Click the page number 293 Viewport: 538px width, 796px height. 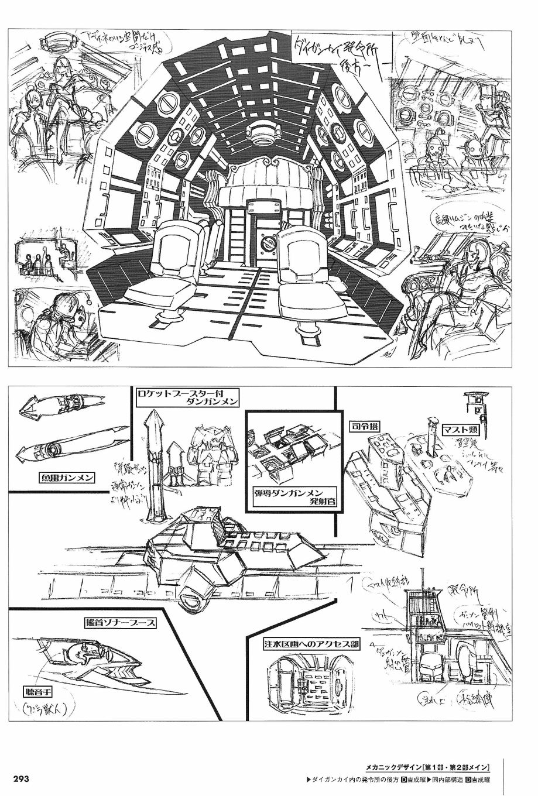pos(21,779)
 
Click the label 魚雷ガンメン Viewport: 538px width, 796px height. pos(61,477)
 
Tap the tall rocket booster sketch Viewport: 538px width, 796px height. pos(155,462)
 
